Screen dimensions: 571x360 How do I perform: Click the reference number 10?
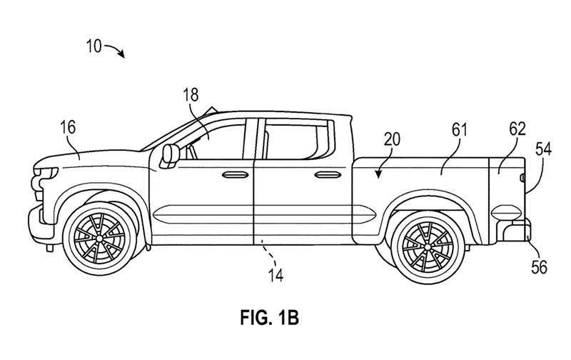tap(94, 46)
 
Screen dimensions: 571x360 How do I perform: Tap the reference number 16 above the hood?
tap(68, 127)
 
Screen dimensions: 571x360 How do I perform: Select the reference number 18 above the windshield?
tap(191, 95)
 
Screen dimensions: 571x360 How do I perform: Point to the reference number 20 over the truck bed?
tap(392, 139)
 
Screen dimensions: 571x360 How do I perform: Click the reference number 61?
tap(459, 130)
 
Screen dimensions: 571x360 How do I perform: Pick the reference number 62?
tap(517, 129)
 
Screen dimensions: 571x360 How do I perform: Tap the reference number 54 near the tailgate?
tap(543, 149)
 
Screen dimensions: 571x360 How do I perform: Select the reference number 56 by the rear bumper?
tap(539, 267)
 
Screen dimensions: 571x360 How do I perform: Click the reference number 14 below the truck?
tap(276, 275)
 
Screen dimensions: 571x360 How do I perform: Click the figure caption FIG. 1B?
tap(270, 317)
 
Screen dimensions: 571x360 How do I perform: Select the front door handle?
tap(234, 175)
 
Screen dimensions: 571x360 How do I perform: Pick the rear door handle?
tap(326, 175)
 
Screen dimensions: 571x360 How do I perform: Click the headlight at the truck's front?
tap(46, 172)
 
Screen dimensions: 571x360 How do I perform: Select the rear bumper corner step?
tap(514, 231)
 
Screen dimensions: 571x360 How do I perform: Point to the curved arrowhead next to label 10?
tap(121, 55)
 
